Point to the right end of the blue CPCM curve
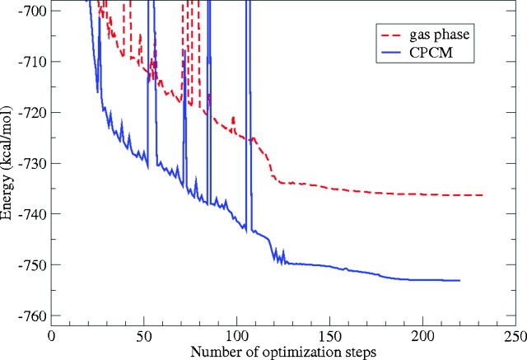[x=459, y=281]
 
